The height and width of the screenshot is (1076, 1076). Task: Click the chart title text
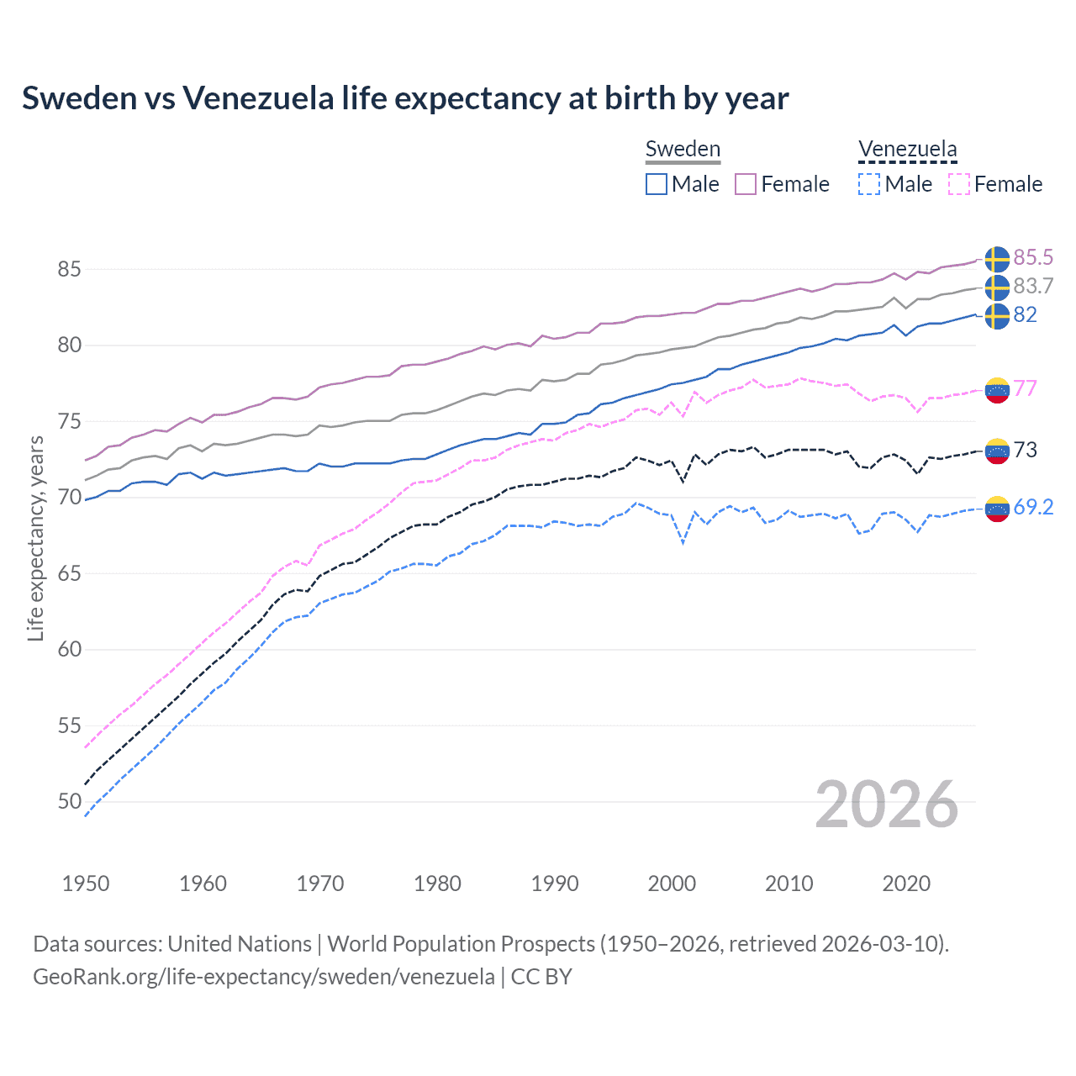(405, 98)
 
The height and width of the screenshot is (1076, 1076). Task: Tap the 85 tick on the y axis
(69, 269)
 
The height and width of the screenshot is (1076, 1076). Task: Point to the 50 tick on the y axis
(69, 801)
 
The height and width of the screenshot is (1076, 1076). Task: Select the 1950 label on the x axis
(86, 883)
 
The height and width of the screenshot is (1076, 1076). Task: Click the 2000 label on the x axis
(672, 883)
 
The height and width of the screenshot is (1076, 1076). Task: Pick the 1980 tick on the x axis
(437, 883)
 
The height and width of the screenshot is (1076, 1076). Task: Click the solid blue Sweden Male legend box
(657, 184)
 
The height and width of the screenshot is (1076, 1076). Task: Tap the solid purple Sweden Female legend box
(746, 184)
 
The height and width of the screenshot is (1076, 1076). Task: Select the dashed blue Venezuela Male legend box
(869, 184)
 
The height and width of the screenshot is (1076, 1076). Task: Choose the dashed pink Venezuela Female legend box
(959, 184)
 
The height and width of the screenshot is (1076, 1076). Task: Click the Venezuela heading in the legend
(907, 150)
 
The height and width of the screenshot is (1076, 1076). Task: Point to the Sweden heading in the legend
(683, 150)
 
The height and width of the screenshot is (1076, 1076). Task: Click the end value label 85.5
(1033, 257)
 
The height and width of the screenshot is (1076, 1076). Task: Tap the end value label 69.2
(1033, 507)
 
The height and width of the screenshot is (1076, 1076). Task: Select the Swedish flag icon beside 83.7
(997, 287)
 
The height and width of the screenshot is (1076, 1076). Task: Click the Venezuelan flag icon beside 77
(997, 389)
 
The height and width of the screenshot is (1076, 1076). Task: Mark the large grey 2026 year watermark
(886, 804)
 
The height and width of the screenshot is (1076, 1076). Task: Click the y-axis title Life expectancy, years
(35, 538)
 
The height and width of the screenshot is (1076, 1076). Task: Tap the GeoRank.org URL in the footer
(263, 977)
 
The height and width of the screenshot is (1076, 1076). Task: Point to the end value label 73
(1026, 450)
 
